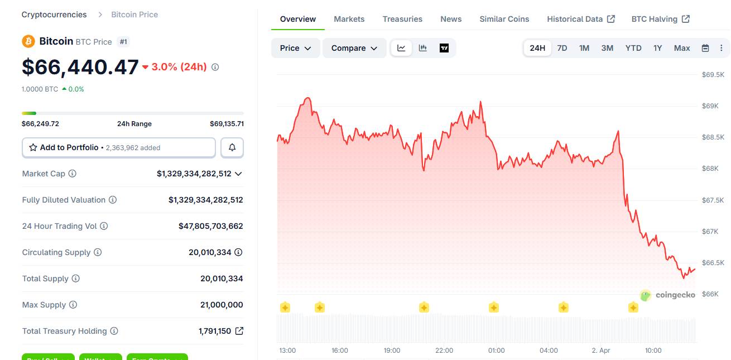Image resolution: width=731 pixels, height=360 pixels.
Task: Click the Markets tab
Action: pyautogui.click(x=349, y=19)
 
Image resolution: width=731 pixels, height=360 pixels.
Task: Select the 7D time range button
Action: pyautogui.click(x=562, y=48)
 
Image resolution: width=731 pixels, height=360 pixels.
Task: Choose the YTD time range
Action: pyautogui.click(x=633, y=48)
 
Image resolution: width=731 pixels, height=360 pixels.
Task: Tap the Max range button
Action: pyautogui.click(x=682, y=48)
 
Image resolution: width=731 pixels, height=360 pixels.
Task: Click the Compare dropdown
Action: pyautogui.click(x=354, y=48)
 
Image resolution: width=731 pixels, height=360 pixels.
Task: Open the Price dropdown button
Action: pyautogui.click(x=295, y=48)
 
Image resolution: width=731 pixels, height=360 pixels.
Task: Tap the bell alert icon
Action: pyautogui.click(x=232, y=147)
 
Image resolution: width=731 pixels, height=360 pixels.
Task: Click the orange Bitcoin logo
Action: pyautogui.click(x=28, y=41)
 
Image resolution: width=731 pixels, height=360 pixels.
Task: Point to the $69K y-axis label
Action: pyautogui.click(x=709, y=106)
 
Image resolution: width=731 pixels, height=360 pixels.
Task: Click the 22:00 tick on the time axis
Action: pyautogui.click(x=444, y=351)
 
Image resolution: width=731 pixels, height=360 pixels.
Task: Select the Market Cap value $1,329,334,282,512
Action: pyautogui.click(x=194, y=174)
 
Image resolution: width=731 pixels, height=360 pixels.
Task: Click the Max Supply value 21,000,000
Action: pyautogui.click(x=222, y=305)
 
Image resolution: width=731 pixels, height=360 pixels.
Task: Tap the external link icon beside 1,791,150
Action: pyautogui.click(x=239, y=331)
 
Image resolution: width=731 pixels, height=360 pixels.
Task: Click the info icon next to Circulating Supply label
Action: pyautogui.click(x=98, y=252)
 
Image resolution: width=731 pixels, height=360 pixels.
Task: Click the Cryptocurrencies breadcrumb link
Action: pyautogui.click(x=54, y=15)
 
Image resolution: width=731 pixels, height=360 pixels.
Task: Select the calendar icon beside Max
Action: pyautogui.click(x=705, y=48)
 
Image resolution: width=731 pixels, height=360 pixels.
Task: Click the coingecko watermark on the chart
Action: pyautogui.click(x=667, y=295)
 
